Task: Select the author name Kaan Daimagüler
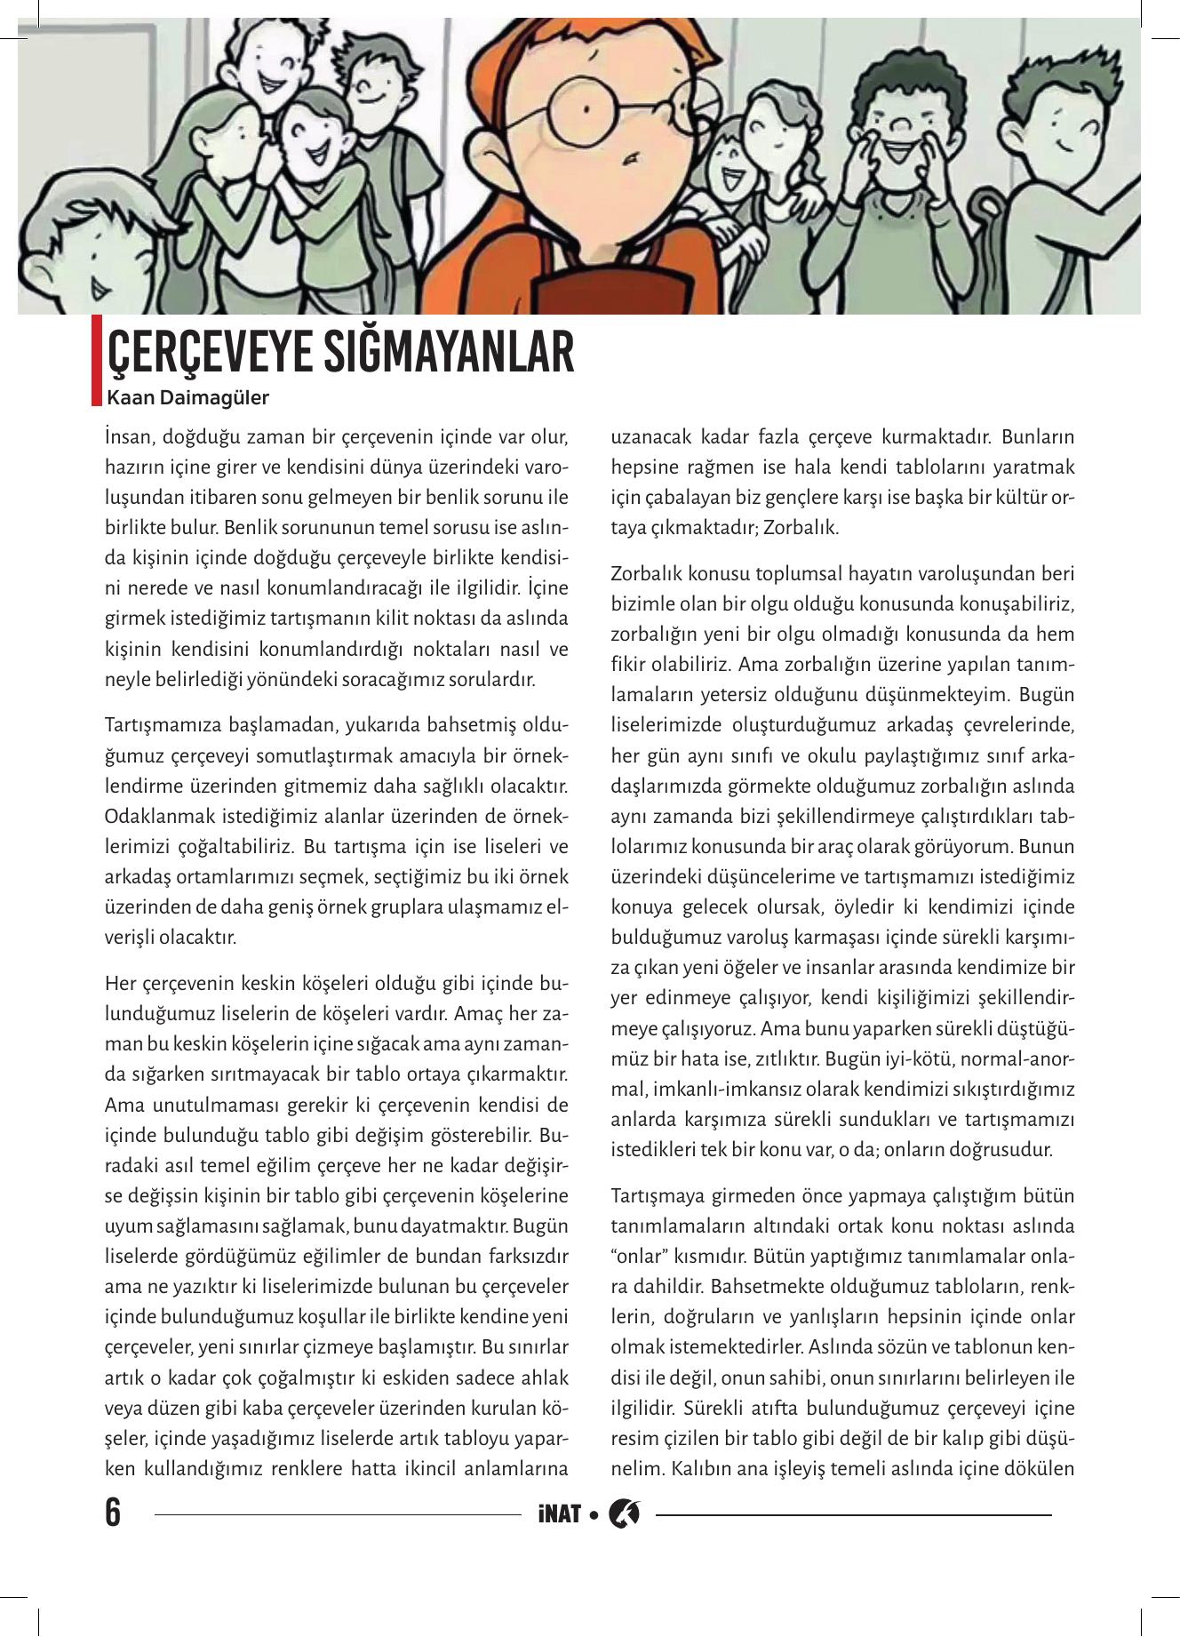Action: pyautogui.click(x=187, y=397)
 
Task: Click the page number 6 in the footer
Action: pyautogui.click(x=113, y=1512)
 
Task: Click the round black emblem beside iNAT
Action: pyautogui.click(x=624, y=1513)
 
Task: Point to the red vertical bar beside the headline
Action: pyautogui.click(x=96, y=360)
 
